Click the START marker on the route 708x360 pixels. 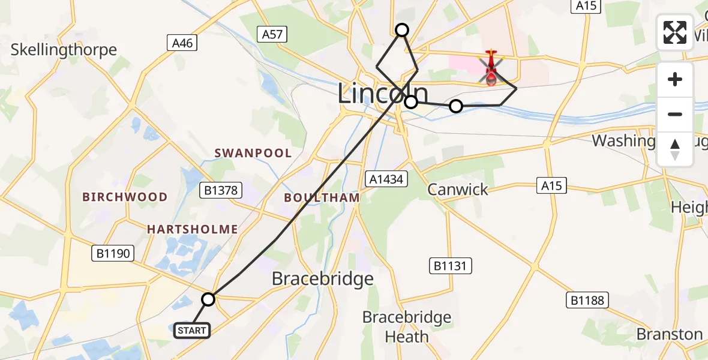(x=192, y=330)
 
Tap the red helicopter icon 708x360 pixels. (x=491, y=68)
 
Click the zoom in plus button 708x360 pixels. (x=675, y=80)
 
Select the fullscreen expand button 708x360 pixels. (x=675, y=32)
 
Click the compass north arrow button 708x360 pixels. (x=675, y=149)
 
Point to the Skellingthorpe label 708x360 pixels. (x=64, y=49)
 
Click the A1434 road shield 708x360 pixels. (x=387, y=178)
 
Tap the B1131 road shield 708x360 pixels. (x=451, y=266)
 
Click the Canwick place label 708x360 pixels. (x=458, y=190)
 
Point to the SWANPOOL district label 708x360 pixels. (x=253, y=153)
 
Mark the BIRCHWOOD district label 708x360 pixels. (x=125, y=197)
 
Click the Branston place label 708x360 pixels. (x=669, y=334)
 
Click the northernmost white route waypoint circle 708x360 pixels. (x=402, y=30)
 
